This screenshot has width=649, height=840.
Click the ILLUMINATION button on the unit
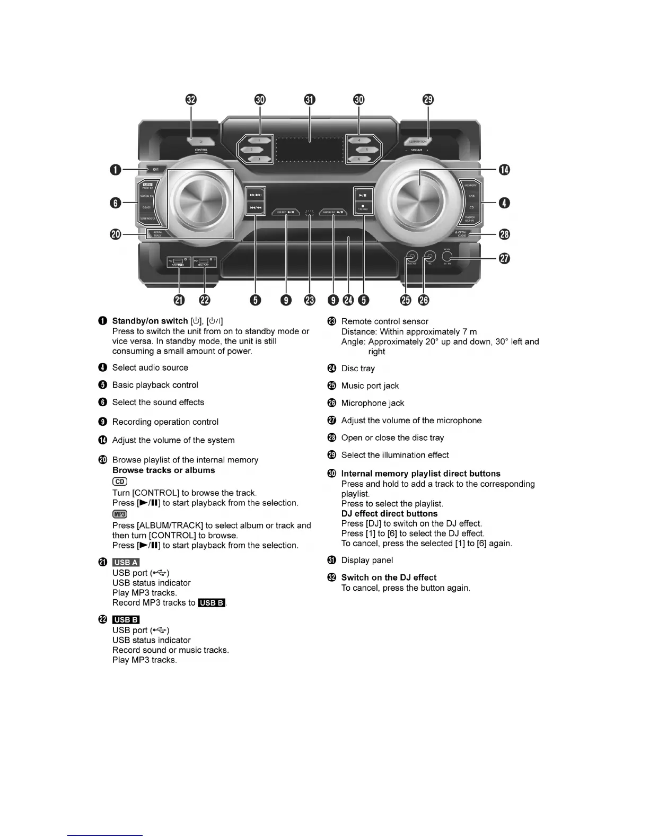coord(418,141)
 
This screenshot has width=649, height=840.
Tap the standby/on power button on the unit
coord(155,170)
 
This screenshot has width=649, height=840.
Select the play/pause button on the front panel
coord(363,195)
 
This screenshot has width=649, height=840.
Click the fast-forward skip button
coord(256,195)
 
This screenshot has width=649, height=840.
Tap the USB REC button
coord(285,212)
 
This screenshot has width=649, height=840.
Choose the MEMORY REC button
coord(333,212)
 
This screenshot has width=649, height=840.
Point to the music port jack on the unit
coord(411,258)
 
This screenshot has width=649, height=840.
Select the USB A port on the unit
coord(179,261)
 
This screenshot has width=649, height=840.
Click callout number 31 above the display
coord(310,100)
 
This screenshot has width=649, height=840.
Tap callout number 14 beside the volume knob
coord(504,170)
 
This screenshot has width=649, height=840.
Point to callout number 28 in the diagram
coord(504,234)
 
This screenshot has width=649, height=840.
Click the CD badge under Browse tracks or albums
coord(120,482)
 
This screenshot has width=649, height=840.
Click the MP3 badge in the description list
coord(120,514)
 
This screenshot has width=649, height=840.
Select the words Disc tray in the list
coord(358,369)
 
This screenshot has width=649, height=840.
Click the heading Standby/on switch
coord(150,321)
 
